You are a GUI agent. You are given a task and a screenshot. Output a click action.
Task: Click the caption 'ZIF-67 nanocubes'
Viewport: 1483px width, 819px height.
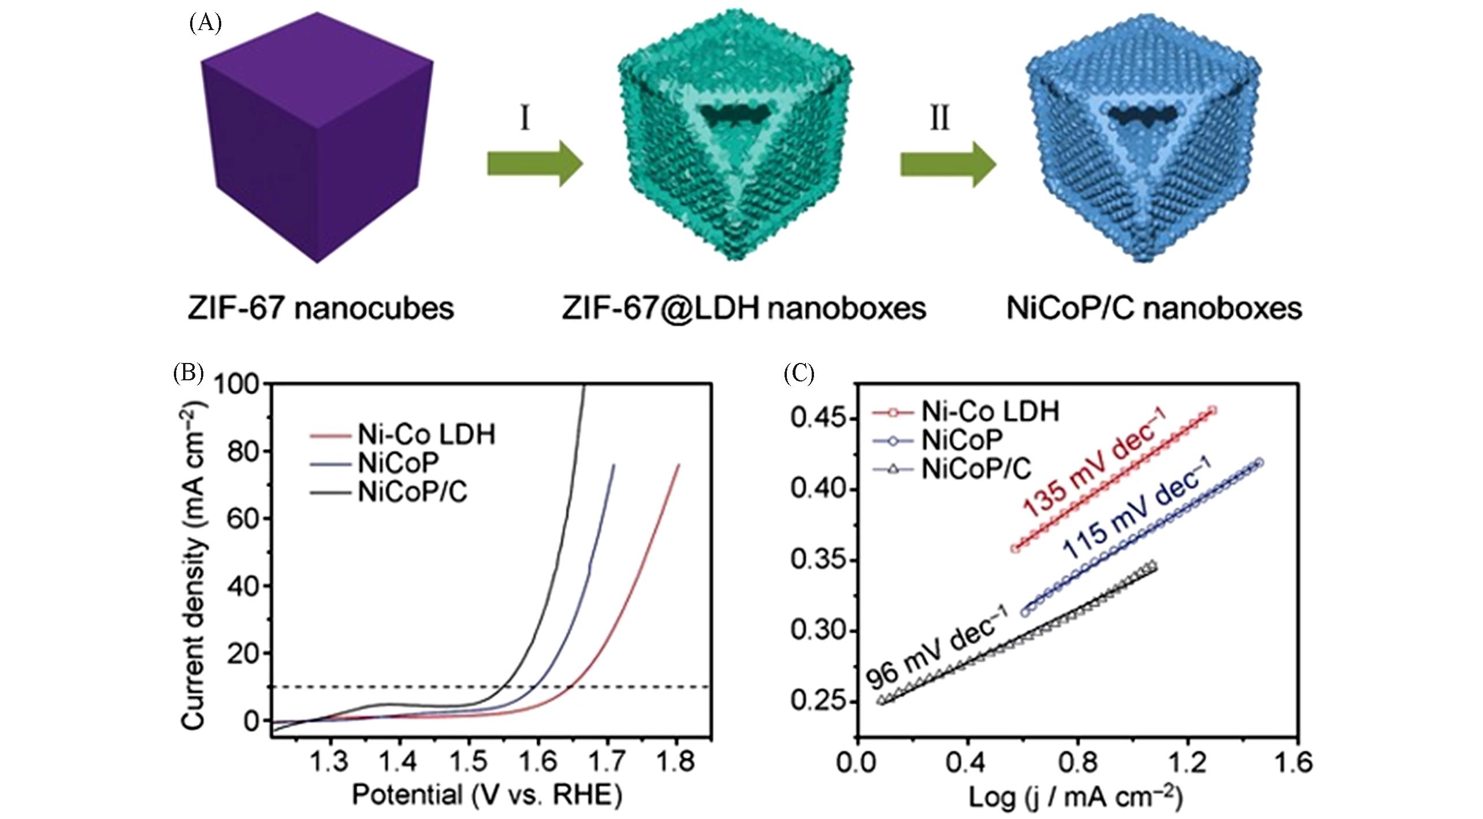point(321,308)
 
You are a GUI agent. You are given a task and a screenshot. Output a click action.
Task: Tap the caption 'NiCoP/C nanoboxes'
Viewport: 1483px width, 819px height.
point(1154,308)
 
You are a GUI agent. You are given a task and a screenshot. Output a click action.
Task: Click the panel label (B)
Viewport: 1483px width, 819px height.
point(188,374)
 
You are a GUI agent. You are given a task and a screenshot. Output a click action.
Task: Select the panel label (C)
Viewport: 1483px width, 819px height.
point(799,374)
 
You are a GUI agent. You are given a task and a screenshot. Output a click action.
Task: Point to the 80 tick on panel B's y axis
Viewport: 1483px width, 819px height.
point(243,452)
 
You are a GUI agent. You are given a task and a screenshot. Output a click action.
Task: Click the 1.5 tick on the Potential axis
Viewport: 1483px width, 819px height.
point(468,762)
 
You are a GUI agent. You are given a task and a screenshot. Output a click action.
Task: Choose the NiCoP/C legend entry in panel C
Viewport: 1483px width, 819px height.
point(975,469)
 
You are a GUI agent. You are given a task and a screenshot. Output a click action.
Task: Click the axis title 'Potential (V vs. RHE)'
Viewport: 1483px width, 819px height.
point(487,795)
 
